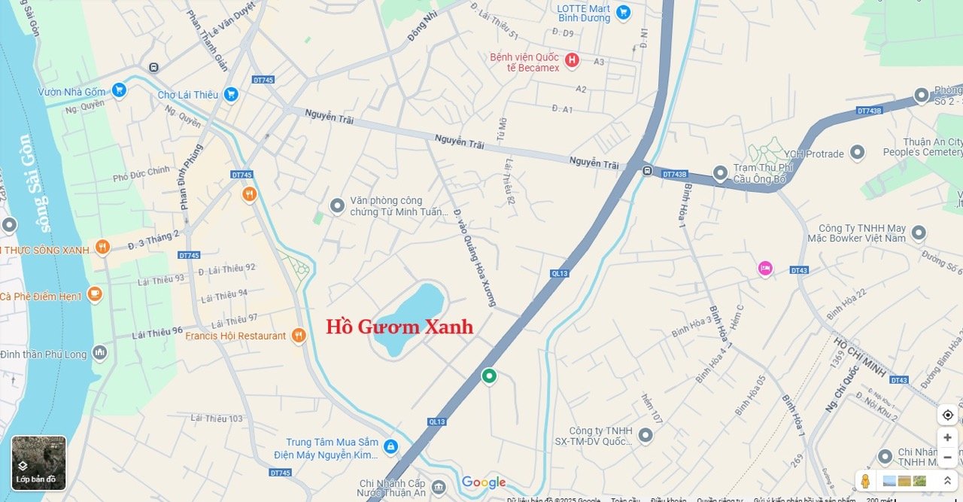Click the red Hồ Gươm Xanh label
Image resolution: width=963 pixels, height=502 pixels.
coord(399,327)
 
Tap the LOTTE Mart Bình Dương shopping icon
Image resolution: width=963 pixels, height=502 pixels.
coord(623,12)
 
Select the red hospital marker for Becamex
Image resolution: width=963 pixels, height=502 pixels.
coord(572,60)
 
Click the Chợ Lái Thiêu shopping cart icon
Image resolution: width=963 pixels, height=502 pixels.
coord(231,94)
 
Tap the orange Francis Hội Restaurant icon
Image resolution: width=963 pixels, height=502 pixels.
coord(299,336)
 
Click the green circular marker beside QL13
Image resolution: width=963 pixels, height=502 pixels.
coord(489,376)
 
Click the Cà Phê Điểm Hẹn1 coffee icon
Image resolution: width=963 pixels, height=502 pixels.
coord(94,294)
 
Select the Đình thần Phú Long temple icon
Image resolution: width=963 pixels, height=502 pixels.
coord(100,353)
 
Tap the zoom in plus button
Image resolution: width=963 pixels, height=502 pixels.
coord(947,437)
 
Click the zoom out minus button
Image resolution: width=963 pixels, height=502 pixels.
coord(947,456)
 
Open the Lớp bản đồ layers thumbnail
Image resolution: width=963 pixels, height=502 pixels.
coord(38,463)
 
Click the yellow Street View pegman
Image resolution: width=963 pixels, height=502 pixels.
coord(865,481)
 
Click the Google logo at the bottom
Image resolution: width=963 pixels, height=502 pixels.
coord(484,482)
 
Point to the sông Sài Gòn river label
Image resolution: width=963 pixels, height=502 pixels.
coord(36,185)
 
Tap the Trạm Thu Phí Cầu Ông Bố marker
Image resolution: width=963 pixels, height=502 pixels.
coord(720,174)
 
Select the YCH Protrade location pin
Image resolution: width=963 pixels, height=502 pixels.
coord(857,153)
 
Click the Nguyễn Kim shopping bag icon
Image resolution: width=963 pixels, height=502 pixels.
coord(390,447)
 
